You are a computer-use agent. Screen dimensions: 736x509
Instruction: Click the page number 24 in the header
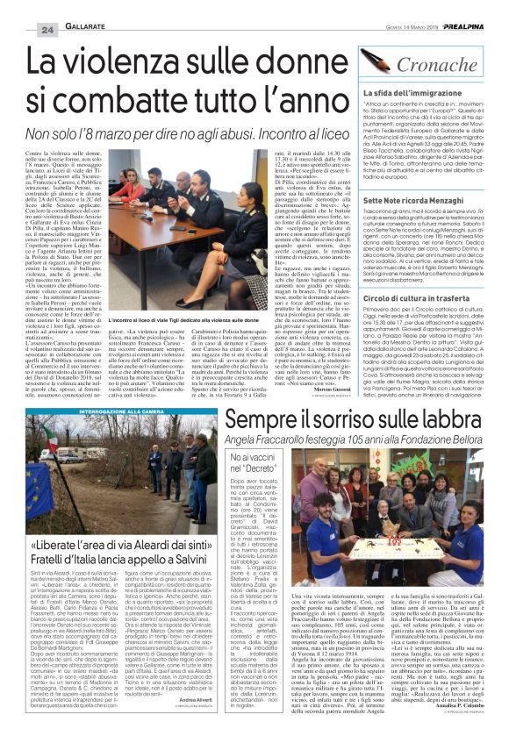(22, 8)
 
